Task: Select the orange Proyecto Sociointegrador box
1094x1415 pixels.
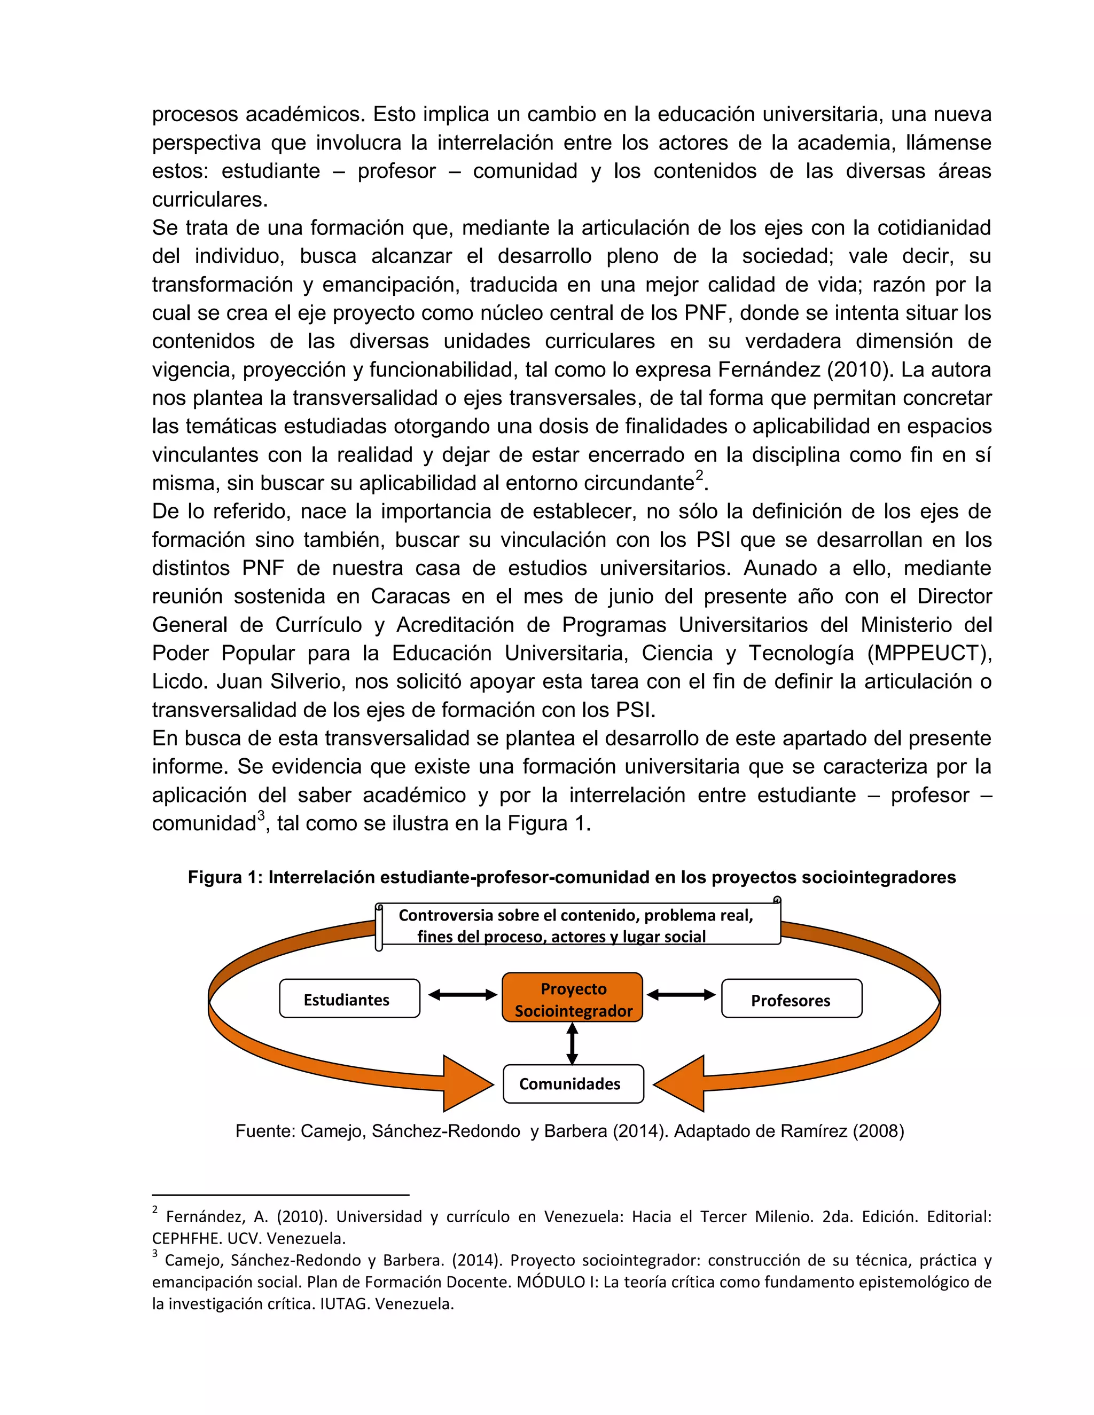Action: (572, 999)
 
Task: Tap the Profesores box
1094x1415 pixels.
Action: (791, 999)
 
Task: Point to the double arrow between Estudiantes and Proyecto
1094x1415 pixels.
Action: (462, 995)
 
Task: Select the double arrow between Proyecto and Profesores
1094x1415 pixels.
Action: (681, 995)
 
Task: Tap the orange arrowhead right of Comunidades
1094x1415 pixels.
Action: (680, 1083)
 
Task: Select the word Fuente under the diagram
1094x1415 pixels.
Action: (264, 1131)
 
